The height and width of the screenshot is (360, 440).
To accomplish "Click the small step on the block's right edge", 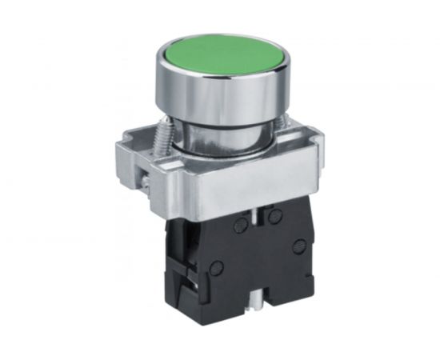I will click(x=313, y=264).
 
